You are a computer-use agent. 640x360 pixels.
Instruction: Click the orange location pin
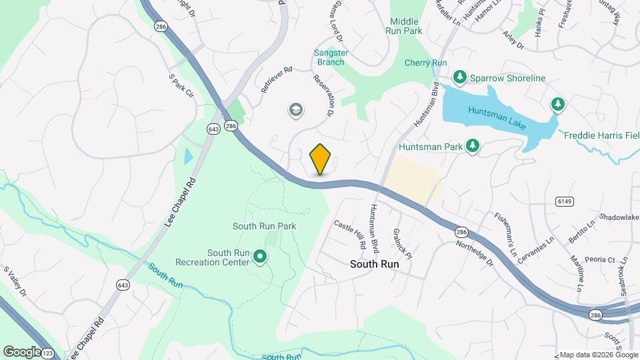pyautogui.click(x=321, y=159)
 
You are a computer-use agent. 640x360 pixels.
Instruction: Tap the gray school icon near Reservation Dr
pyautogui.click(x=295, y=109)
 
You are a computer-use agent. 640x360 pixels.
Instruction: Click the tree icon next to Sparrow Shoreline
pyautogui.click(x=459, y=78)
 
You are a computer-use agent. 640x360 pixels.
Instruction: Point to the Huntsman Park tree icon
pyautogui.click(x=473, y=145)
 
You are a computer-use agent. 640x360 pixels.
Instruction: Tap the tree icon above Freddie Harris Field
pyautogui.click(x=557, y=105)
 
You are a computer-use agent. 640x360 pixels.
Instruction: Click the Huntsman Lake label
pyautogui.click(x=497, y=118)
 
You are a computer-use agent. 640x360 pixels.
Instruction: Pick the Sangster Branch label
pyautogui.click(x=330, y=57)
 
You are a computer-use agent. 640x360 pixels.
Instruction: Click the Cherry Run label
pyautogui.click(x=425, y=63)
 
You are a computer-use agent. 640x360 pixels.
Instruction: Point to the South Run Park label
pyautogui.click(x=264, y=226)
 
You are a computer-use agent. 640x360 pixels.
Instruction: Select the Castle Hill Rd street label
pyautogui.click(x=351, y=235)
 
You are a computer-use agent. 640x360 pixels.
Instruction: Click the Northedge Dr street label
pyautogui.click(x=473, y=253)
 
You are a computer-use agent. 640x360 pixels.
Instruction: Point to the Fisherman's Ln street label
pyautogui.click(x=505, y=235)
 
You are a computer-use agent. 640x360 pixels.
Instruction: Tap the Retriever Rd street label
pyautogui.click(x=277, y=79)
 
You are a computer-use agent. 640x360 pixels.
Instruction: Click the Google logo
pyautogui.click(x=22, y=351)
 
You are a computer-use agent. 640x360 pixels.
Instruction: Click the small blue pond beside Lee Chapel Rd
pyautogui.click(x=188, y=157)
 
